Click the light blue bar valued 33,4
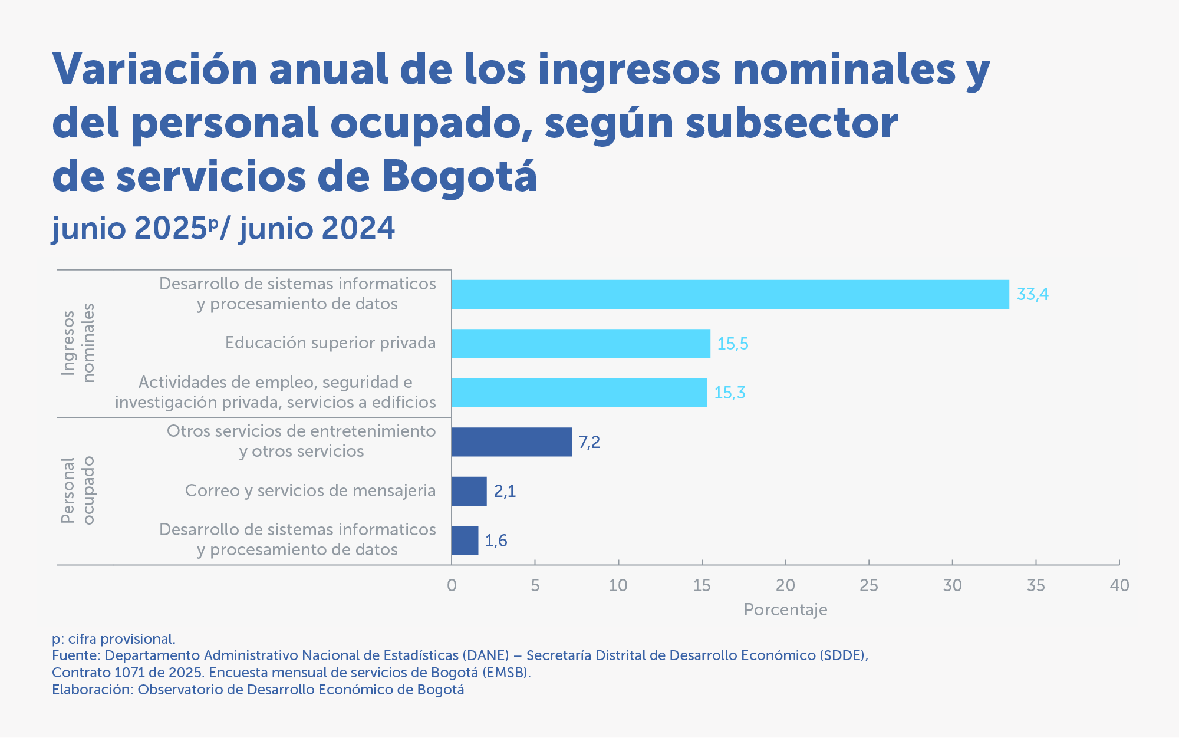point(730,294)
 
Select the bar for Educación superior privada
point(581,343)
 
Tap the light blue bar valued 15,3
point(579,393)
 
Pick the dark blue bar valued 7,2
point(512,442)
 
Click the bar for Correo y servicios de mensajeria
point(469,491)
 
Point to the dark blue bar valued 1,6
point(465,540)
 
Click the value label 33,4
point(1033,294)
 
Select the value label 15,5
point(733,344)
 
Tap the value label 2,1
point(505,491)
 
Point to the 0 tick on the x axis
point(452,585)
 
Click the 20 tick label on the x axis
point(785,585)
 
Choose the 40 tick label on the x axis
point(1119,585)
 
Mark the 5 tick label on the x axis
point(535,585)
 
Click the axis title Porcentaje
point(785,609)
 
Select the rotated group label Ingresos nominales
point(78,343)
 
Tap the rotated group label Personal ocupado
point(78,490)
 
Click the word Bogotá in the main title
point(459,176)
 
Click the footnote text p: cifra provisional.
point(114,639)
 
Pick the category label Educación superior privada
point(330,343)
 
